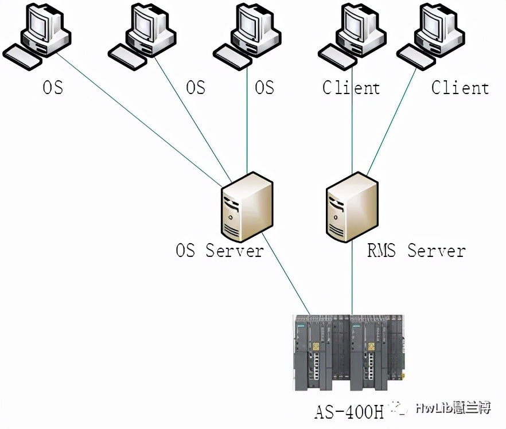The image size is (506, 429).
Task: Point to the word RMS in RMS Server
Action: [x=381, y=251]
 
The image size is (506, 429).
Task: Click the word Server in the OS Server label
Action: [x=235, y=251]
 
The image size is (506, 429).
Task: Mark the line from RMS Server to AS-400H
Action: [x=352, y=281]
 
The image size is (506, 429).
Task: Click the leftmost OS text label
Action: [x=53, y=88]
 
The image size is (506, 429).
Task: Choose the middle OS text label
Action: [x=196, y=88]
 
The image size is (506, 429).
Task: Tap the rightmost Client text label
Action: [x=460, y=88]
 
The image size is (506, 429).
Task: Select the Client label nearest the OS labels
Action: [x=351, y=88]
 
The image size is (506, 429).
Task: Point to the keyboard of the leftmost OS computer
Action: [x=22, y=57]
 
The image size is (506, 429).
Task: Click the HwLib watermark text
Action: [x=453, y=408]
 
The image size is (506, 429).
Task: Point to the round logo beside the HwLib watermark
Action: [x=398, y=408]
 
